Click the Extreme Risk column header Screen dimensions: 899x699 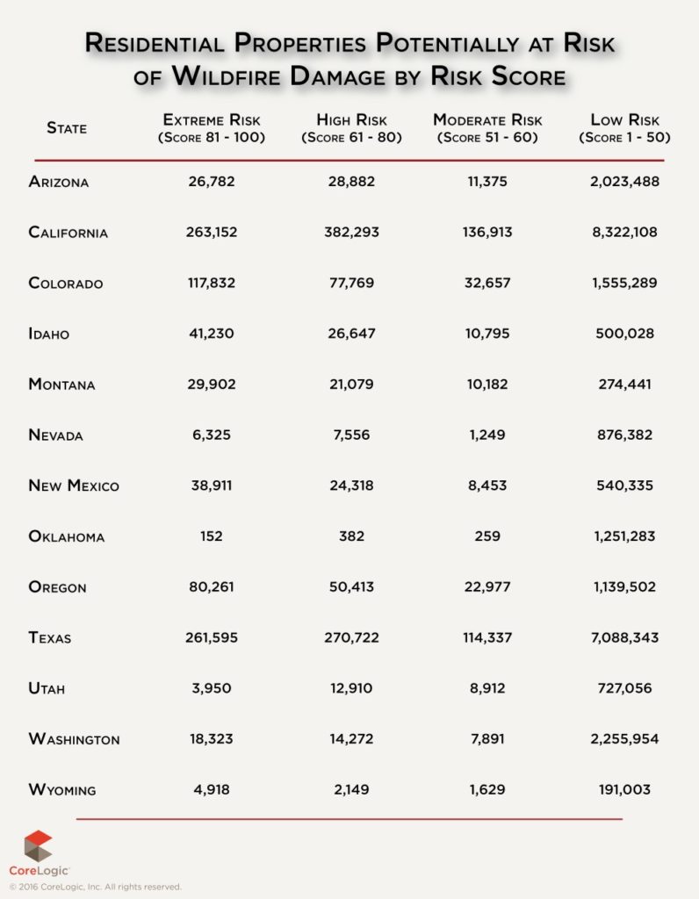coord(211,128)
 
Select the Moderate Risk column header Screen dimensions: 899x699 coord(488,128)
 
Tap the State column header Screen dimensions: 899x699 coord(67,128)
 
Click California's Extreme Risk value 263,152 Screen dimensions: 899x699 coord(211,233)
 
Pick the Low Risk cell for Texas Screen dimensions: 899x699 coord(624,637)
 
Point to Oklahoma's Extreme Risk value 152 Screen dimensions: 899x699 coord(211,536)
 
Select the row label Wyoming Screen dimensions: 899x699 coord(61,790)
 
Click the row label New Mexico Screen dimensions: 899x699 coord(74,485)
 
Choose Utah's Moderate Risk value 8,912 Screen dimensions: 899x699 coord(488,688)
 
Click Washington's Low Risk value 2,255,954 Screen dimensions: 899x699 coord(624,739)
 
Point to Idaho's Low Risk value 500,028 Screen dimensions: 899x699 coord(624,334)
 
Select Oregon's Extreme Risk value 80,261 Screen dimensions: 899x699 coord(211,587)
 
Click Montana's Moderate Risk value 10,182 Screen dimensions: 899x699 coord(488,385)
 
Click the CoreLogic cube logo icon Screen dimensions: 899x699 coord(38,845)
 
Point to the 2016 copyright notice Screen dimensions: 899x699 coord(96,887)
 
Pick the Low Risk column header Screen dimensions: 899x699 coord(624,128)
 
